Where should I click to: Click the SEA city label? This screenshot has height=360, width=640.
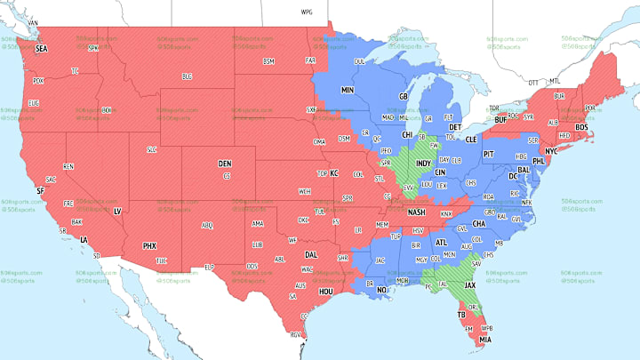[41, 49]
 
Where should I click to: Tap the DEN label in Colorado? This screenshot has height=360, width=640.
[225, 164]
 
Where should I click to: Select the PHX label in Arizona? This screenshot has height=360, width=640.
[149, 245]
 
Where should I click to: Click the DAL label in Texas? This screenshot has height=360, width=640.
[310, 253]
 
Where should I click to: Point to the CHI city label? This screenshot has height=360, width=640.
[407, 135]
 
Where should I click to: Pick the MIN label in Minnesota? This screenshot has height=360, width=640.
[348, 91]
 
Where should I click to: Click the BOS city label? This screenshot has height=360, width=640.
[582, 127]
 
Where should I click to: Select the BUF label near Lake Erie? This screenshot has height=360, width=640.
[500, 118]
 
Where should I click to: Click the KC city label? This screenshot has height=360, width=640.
[334, 173]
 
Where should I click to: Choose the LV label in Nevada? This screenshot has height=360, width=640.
[117, 211]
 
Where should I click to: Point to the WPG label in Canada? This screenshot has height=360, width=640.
[307, 12]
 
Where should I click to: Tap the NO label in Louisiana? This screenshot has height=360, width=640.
[382, 290]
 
